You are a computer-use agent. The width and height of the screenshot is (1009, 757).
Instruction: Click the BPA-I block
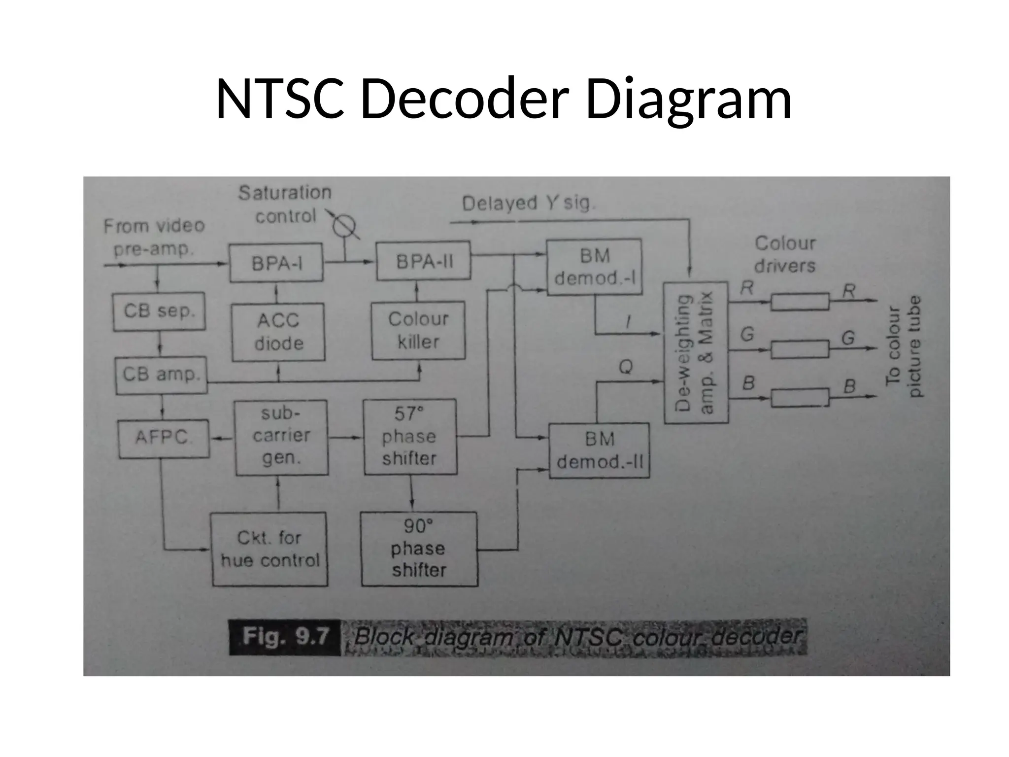(276, 263)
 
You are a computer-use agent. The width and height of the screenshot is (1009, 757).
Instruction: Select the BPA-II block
(423, 261)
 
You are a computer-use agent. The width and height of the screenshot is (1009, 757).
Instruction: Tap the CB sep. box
(159, 311)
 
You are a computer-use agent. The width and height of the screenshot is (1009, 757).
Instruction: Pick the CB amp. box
(161, 375)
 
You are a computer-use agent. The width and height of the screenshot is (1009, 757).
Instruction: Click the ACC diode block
(278, 332)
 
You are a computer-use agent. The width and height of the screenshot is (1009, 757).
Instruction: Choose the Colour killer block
(418, 330)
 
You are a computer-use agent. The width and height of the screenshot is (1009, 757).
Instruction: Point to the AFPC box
(163, 438)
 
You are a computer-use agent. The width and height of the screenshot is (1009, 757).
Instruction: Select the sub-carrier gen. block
(281, 437)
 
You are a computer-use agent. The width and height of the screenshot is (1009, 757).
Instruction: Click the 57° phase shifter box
(409, 437)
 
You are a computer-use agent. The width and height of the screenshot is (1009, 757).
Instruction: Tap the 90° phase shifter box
(419, 549)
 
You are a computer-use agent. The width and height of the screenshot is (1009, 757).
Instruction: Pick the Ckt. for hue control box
(269, 549)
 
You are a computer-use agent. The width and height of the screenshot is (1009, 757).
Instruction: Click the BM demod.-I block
(595, 267)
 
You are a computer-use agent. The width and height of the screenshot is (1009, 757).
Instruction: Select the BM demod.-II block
(599, 450)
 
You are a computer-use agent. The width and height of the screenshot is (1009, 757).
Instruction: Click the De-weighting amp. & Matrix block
(696, 352)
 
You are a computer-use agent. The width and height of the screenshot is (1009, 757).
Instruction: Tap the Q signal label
(625, 367)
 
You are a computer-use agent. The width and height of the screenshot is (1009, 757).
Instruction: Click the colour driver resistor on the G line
(800, 350)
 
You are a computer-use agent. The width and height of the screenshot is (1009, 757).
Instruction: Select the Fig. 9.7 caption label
(285, 637)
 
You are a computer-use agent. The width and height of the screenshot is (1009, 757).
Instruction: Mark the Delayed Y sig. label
(529, 203)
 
